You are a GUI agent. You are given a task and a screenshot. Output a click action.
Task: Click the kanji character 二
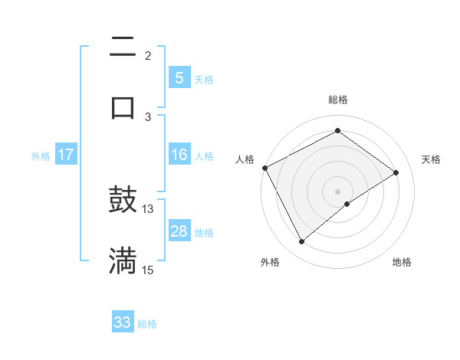123,47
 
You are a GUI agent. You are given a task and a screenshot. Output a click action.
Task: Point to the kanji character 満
123,260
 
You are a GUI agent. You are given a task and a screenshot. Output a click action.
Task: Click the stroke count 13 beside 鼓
148,208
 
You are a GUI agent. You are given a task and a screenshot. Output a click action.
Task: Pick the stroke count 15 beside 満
148,270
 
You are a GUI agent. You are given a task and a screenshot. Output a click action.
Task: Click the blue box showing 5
179,78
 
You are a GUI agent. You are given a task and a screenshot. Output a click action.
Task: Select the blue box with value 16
179,155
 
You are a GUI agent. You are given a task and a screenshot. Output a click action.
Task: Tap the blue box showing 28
179,231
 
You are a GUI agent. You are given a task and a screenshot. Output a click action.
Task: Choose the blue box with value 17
66,155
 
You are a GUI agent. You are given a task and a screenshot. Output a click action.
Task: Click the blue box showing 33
123,322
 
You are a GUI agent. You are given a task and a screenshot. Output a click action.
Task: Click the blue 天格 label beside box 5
204,80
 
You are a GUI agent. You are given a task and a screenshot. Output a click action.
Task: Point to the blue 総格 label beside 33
147,324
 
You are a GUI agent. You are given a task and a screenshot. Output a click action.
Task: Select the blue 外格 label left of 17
41,156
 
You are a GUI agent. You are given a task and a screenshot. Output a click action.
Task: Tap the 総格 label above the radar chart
338,100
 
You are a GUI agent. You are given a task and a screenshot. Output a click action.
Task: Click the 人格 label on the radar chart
245,159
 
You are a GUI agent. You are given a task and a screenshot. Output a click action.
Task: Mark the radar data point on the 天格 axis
396,172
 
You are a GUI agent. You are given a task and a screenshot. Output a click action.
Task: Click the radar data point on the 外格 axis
302,242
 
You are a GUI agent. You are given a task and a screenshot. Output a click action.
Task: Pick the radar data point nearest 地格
347,204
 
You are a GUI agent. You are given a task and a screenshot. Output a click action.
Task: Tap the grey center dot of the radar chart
338,191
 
